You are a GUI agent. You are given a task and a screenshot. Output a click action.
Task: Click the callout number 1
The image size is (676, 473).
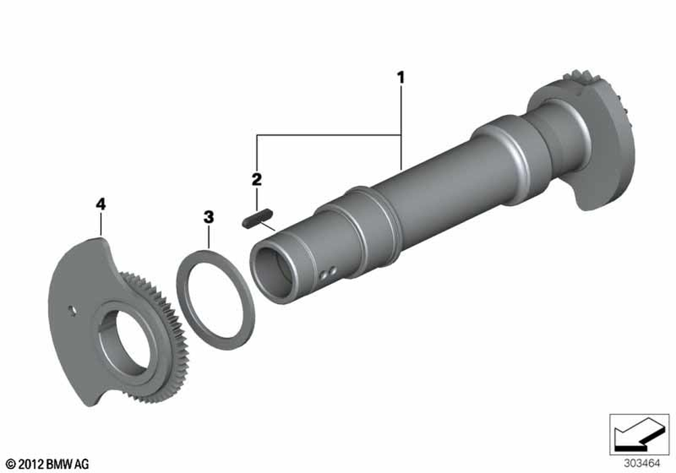pyautogui.click(x=401, y=78)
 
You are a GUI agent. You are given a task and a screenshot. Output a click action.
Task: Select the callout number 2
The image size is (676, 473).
pyautogui.click(x=256, y=179)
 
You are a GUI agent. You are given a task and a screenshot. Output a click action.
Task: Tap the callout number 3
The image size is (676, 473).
pyautogui.click(x=209, y=217)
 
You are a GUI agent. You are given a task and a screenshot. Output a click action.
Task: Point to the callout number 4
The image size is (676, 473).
pyautogui.click(x=101, y=204)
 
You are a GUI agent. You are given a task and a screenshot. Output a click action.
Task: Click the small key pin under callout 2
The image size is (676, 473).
pyautogui.click(x=258, y=218)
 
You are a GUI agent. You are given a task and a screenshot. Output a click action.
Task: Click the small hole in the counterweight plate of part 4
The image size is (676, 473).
pyautogui.click(x=72, y=310)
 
